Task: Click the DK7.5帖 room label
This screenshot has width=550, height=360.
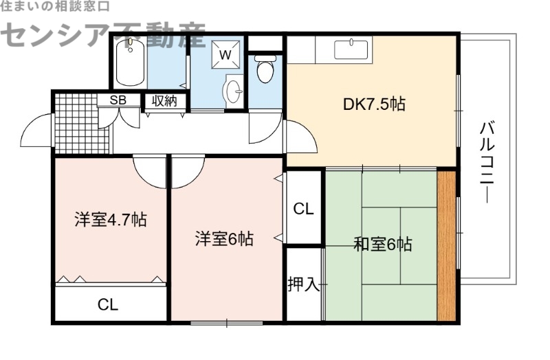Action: [x=374, y=104]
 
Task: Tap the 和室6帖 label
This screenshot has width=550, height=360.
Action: [x=383, y=244]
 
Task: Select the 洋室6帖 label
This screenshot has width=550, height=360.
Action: [x=224, y=239]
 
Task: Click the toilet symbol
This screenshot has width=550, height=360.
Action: [x=265, y=69]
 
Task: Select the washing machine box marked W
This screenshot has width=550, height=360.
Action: [x=225, y=53]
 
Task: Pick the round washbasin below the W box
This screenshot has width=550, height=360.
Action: [x=234, y=90]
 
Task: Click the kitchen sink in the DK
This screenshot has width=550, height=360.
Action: [x=352, y=49]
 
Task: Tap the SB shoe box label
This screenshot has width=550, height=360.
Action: [x=118, y=100]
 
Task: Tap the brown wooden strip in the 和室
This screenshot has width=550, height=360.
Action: [x=447, y=245]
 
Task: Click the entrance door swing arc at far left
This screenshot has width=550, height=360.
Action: [x=38, y=131]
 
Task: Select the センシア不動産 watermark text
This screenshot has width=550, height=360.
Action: [x=103, y=34]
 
